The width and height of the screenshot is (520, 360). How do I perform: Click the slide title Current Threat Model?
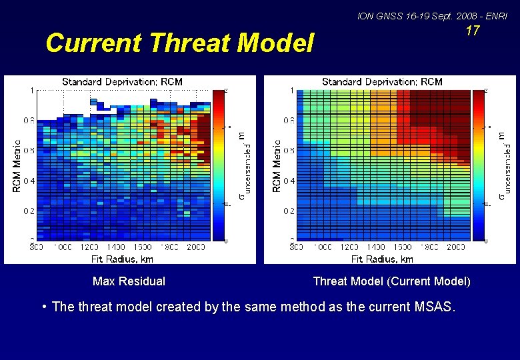(179, 43)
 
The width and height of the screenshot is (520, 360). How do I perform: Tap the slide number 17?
(472, 31)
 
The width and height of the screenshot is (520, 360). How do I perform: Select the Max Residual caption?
(129, 281)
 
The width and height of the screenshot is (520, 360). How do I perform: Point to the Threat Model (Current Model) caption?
(391, 281)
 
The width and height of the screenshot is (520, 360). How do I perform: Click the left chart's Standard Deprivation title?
(122, 81)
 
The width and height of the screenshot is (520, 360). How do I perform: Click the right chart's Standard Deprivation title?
(382, 81)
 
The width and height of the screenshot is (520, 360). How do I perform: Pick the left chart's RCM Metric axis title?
(17, 165)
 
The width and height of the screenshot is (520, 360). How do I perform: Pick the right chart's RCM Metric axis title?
(277, 165)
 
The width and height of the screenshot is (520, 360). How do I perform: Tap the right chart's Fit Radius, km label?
(382, 259)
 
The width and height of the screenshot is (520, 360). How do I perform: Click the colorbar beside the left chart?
(220, 164)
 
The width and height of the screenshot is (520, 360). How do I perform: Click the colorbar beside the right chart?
(479, 164)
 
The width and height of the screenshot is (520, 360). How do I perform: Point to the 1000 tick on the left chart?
(63, 247)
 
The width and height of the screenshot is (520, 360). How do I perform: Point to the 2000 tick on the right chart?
(455, 247)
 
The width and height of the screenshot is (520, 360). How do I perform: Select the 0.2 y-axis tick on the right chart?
(289, 211)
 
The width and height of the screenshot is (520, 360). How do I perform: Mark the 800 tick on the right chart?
(297, 247)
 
